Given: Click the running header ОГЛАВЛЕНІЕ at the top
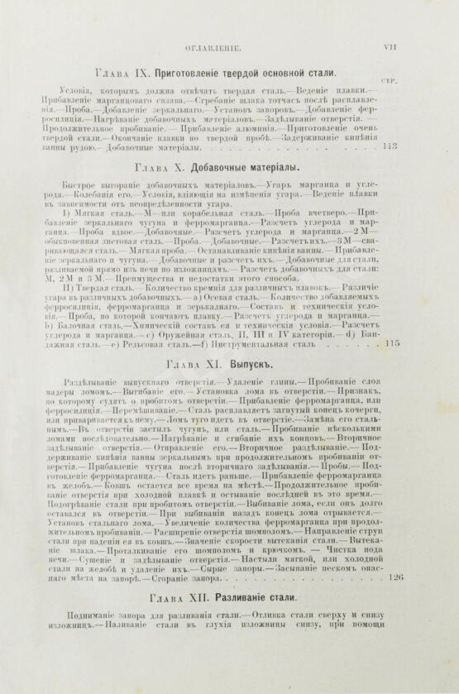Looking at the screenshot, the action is (213, 49).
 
